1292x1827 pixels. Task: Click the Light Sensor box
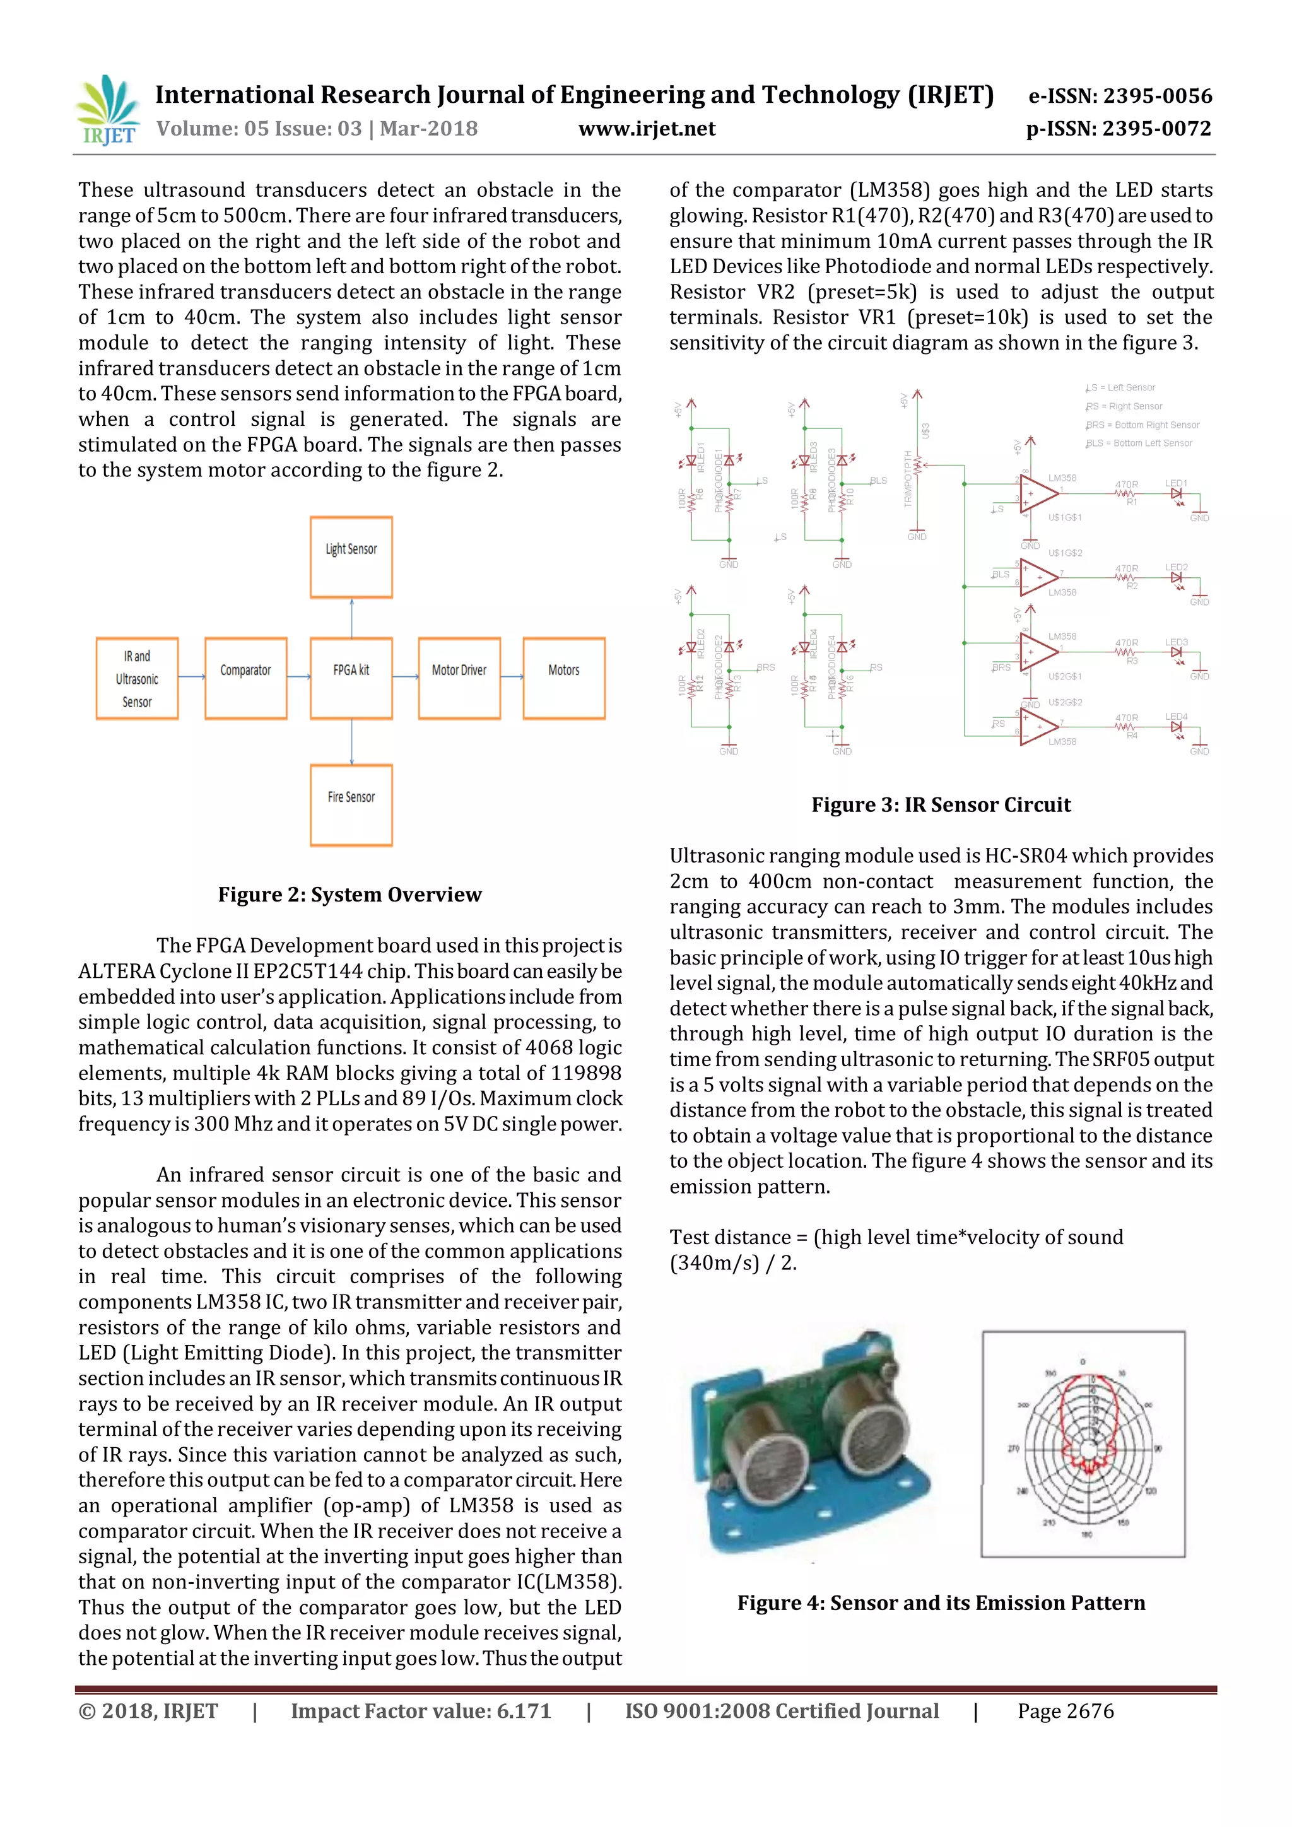point(351,557)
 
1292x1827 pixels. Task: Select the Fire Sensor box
point(351,804)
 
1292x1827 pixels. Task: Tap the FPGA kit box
point(351,678)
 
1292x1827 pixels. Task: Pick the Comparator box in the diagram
point(246,678)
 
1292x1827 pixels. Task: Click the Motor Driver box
point(459,678)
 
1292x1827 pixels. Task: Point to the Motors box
point(564,678)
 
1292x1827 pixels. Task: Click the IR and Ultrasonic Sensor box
point(137,678)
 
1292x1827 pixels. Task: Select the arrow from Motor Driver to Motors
point(512,677)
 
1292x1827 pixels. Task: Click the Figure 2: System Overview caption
point(350,895)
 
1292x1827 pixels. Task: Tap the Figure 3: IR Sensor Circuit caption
point(941,804)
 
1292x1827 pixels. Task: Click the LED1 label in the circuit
point(1176,483)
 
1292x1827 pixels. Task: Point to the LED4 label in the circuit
point(1176,717)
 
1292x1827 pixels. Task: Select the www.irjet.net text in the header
point(647,129)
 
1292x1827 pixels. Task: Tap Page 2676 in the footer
point(1066,1711)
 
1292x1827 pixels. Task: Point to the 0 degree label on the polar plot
point(1082,1361)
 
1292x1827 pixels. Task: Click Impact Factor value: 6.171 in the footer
point(421,1711)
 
